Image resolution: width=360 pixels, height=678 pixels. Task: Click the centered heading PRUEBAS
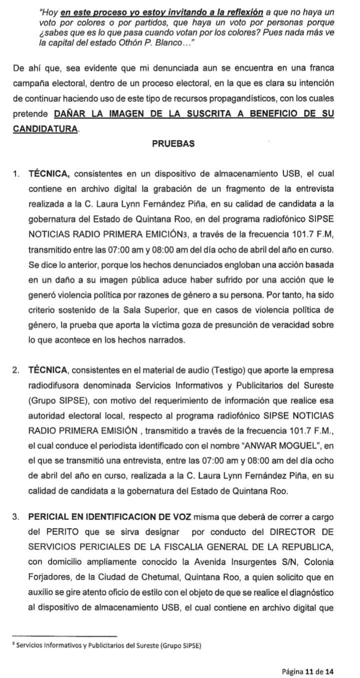173,144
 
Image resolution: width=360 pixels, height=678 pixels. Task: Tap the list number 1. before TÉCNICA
17,174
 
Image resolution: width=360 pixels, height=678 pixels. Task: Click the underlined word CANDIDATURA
45,129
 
